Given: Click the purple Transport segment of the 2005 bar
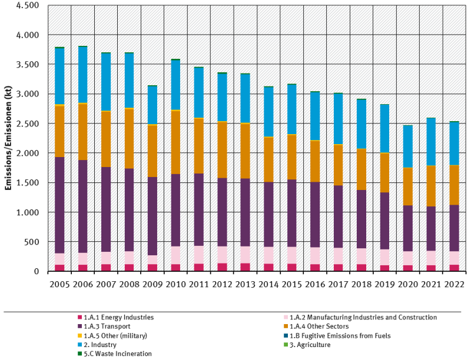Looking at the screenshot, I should pos(59,205).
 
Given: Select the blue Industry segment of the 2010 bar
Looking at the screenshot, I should pos(175,85).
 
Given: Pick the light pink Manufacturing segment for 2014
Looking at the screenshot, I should pos(268,255).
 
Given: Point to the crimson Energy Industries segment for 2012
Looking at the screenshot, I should pos(222,267).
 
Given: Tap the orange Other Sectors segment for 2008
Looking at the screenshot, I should pos(129,138).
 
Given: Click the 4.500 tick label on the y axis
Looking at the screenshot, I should pos(26,5).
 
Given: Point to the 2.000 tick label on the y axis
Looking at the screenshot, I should pos(26,153).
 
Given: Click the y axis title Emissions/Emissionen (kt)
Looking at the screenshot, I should pos(8,138).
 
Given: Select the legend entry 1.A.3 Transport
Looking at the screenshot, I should pos(107,326).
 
